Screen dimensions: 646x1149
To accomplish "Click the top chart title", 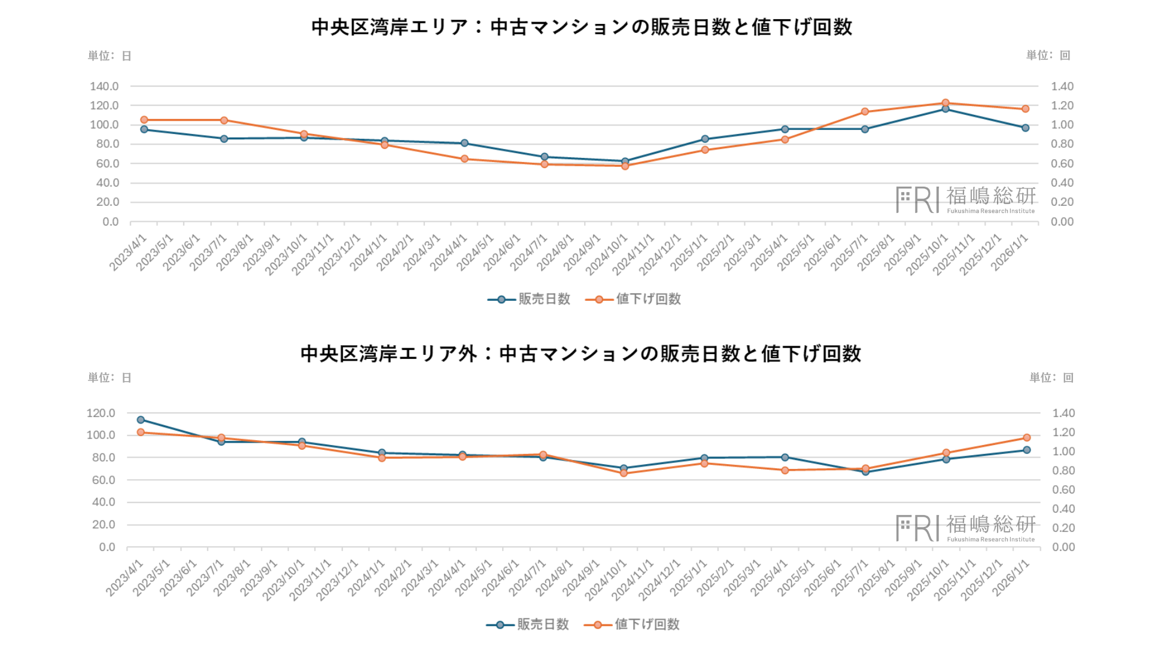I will pyautogui.click(x=581, y=28).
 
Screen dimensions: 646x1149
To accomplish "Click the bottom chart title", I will pyautogui.click(x=580, y=354).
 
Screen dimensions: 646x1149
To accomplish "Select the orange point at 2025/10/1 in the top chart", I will pyautogui.click(x=946, y=103).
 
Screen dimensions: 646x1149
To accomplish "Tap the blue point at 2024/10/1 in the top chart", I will pyautogui.click(x=625, y=161).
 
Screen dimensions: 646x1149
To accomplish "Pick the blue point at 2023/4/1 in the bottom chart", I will pyautogui.click(x=141, y=420).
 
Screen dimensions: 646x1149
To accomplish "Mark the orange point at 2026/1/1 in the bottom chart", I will pyautogui.click(x=1027, y=438).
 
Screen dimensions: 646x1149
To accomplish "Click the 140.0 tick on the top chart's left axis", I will pyautogui.click(x=104, y=87).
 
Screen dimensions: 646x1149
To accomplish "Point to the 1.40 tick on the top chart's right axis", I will pyautogui.click(x=1062, y=87).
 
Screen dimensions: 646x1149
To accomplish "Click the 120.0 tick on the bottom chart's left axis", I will pyautogui.click(x=101, y=413).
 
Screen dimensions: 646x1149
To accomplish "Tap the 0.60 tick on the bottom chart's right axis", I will pyautogui.click(x=1063, y=490).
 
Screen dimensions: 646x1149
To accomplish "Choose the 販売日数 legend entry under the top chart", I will pyautogui.click(x=530, y=299).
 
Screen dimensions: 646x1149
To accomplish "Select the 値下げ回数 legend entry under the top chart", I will pyautogui.click(x=634, y=299).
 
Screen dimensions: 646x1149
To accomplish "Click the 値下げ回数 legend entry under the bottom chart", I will pyautogui.click(x=633, y=624).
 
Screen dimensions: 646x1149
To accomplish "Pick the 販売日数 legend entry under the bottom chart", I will pyautogui.click(x=528, y=624).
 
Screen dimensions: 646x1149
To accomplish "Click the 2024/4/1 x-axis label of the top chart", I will pyautogui.click(x=449, y=252).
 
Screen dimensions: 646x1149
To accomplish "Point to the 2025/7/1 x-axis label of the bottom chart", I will pyautogui.click(x=850, y=578).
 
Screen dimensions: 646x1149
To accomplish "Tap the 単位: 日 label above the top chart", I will pyautogui.click(x=110, y=56).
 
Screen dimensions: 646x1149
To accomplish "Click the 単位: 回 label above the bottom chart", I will pyautogui.click(x=1051, y=378).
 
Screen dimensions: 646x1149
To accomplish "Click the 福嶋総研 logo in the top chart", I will pyautogui.click(x=965, y=200).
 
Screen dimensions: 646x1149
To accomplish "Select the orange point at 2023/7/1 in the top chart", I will pyautogui.click(x=224, y=120).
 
